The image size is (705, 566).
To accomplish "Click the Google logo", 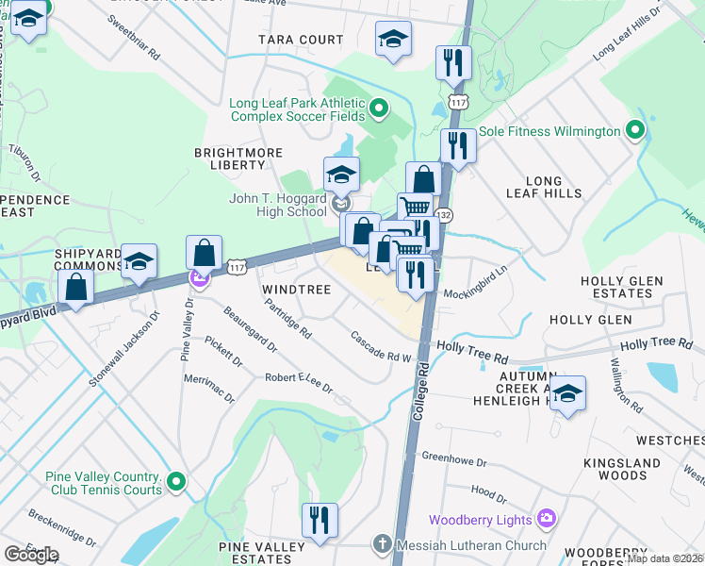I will pos(30,555).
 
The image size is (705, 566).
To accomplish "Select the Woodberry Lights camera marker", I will pos(545,519).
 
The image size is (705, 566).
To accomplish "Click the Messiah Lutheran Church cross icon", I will pos(381,544).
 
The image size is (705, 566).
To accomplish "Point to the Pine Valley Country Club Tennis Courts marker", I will pos(174,484).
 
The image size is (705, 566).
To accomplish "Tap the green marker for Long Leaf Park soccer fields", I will pos(379,109).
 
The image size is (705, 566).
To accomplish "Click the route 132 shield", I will pos(441,216).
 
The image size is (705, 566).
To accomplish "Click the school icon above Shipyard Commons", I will pos(139,261).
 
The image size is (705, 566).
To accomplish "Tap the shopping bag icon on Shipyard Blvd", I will pos(75,287).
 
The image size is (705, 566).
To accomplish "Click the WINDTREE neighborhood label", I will pos(296,290).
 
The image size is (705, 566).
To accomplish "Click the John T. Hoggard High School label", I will pos(279,205).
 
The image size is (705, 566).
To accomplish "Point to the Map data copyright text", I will pos(664,558).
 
